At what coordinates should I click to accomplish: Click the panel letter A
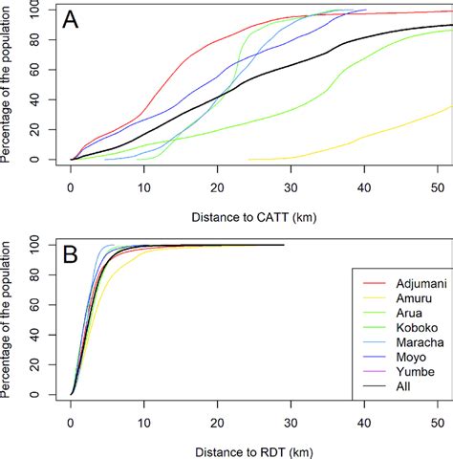(71, 20)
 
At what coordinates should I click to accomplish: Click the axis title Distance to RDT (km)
(254, 447)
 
